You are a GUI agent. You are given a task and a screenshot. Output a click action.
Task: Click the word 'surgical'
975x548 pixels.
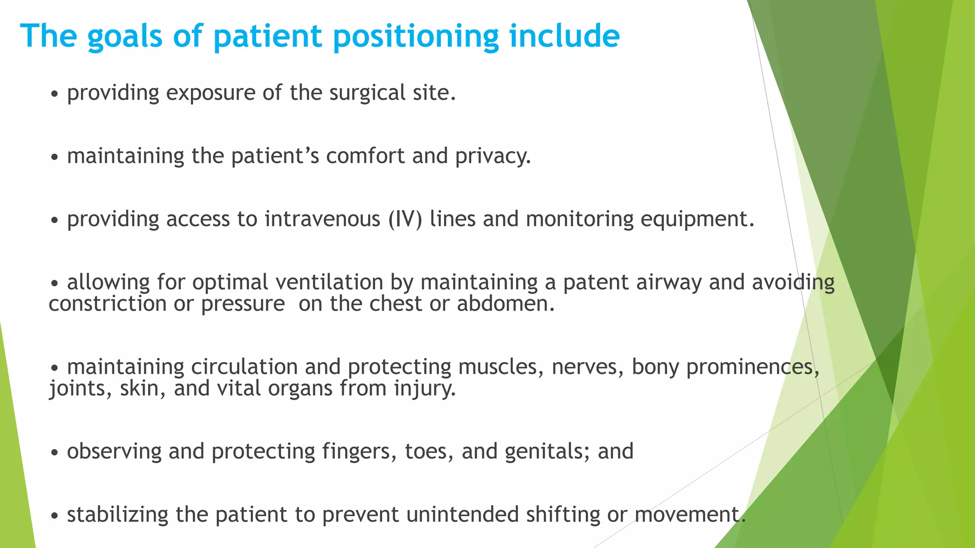click(x=367, y=93)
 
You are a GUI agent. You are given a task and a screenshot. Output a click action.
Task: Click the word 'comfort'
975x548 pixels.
click(x=365, y=156)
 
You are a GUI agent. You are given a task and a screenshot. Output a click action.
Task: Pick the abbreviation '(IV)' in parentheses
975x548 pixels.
click(x=405, y=219)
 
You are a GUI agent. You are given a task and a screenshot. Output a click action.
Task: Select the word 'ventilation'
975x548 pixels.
click(x=329, y=283)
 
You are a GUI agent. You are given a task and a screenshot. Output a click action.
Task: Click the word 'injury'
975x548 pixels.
click(x=425, y=389)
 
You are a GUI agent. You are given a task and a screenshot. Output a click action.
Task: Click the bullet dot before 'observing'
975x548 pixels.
click(x=55, y=453)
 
